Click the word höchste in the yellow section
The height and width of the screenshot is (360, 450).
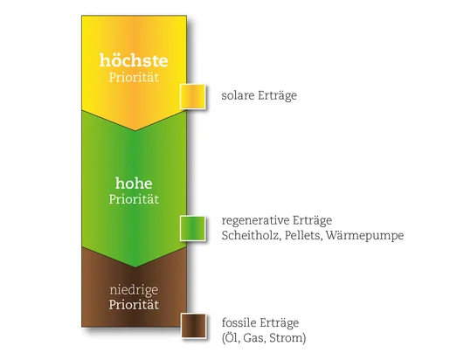(x=134, y=60)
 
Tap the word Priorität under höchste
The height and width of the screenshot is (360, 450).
(x=134, y=77)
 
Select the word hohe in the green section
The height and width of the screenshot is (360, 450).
(x=134, y=183)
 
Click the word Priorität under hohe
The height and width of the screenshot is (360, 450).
(x=134, y=199)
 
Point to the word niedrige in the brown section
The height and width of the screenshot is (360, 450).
(x=134, y=290)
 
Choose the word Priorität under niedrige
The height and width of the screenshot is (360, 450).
(x=134, y=305)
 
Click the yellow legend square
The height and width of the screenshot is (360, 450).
(x=192, y=97)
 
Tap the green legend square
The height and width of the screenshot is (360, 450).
(x=192, y=229)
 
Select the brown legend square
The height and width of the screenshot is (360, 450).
(x=194, y=326)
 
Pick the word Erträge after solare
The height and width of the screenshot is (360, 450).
(x=278, y=96)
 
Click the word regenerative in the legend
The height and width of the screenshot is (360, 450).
(x=255, y=220)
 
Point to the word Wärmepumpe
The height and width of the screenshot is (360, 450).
(x=364, y=236)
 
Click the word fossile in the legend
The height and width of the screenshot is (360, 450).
(x=239, y=322)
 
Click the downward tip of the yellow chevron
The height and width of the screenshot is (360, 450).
(x=135, y=131)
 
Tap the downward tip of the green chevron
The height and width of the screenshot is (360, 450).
(x=135, y=267)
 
